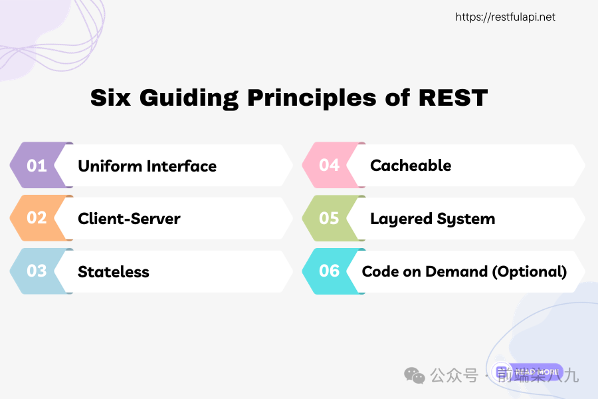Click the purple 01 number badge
click(37, 165)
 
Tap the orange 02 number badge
click(37, 218)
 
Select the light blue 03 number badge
click(37, 271)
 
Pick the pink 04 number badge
click(329, 165)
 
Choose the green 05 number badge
click(329, 218)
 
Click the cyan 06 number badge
click(329, 271)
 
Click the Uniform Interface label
click(147, 166)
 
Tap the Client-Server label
click(129, 219)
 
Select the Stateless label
click(113, 272)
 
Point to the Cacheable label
click(411, 166)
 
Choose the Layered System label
click(433, 219)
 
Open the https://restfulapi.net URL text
click(505, 17)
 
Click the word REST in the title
click(453, 98)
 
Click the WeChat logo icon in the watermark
click(415, 376)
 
